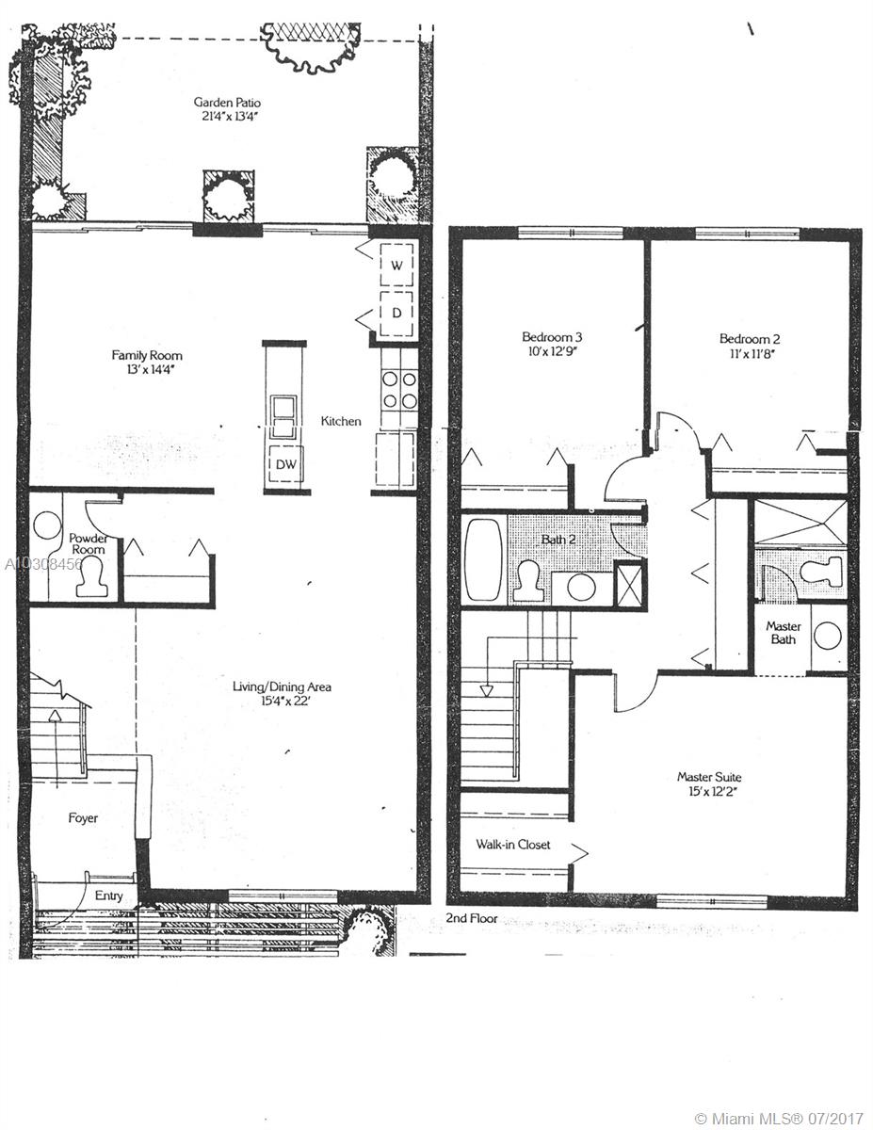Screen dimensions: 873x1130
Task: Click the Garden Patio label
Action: (227, 103)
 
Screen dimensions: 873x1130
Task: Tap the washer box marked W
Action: (396, 265)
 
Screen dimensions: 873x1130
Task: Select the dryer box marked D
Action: (396, 313)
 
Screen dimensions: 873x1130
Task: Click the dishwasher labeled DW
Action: (285, 463)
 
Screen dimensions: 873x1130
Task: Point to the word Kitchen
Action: (341, 421)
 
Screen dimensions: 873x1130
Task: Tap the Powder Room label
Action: (89, 543)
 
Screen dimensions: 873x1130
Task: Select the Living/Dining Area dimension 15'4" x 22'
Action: (285, 701)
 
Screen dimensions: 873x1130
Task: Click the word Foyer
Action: (83, 818)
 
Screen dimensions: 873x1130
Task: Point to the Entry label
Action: (108, 896)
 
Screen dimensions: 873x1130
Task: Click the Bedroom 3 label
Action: (552, 336)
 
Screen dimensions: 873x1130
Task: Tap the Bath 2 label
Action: (558, 540)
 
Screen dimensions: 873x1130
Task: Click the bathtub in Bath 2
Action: (483, 558)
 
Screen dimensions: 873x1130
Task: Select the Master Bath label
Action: (783, 633)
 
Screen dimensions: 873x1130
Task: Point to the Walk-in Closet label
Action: (513, 844)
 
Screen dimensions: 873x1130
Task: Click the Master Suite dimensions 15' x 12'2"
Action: (709, 791)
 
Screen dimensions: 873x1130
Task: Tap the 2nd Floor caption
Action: (472, 918)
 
